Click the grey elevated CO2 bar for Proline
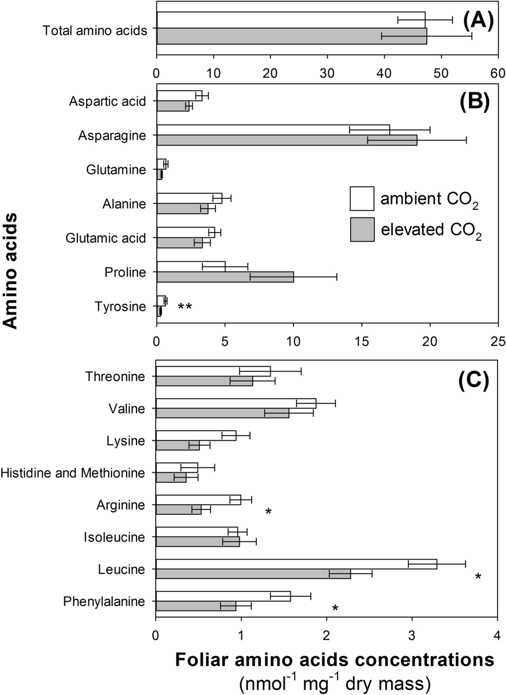(x=225, y=277)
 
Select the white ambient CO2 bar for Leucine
(x=296, y=564)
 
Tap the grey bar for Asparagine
(x=286, y=140)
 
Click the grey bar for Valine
(x=222, y=413)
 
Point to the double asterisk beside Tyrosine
(x=185, y=307)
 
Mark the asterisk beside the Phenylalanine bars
(x=335, y=609)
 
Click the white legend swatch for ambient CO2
(x=362, y=198)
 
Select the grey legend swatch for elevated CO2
(x=362, y=230)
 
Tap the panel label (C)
(x=473, y=381)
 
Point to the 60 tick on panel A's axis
(x=498, y=73)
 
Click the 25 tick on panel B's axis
(x=498, y=341)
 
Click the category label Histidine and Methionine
(x=73, y=473)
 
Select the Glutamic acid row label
(x=106, y=238)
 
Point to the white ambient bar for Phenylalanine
(x=223, y=596)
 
